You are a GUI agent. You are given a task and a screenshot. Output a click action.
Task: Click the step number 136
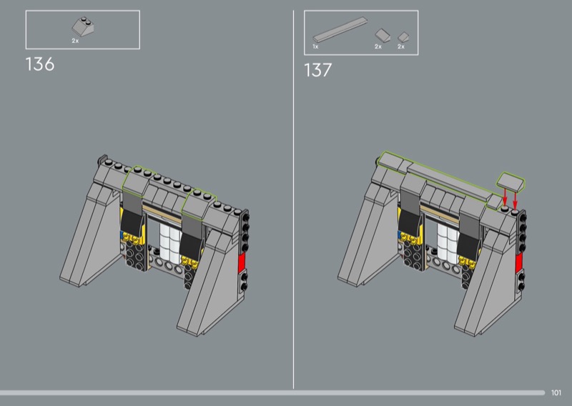[x=40, y=64]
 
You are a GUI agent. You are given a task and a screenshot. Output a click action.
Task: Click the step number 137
[x=317, y=70]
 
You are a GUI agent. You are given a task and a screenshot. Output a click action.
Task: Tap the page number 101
[x=556, y=392]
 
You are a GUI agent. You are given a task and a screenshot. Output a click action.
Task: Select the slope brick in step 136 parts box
[x=83, y=26]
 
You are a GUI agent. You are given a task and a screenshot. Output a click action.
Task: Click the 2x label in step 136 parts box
[x=75, y=41]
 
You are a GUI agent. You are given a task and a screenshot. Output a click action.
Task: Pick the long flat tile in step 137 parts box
[x=340, y=29]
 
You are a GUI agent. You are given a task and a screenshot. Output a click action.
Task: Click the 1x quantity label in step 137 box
[x=315, y=46]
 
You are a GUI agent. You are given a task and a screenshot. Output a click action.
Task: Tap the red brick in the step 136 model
[x=241, y=262]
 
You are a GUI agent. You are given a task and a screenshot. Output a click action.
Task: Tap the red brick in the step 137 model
[x=518, y=262]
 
